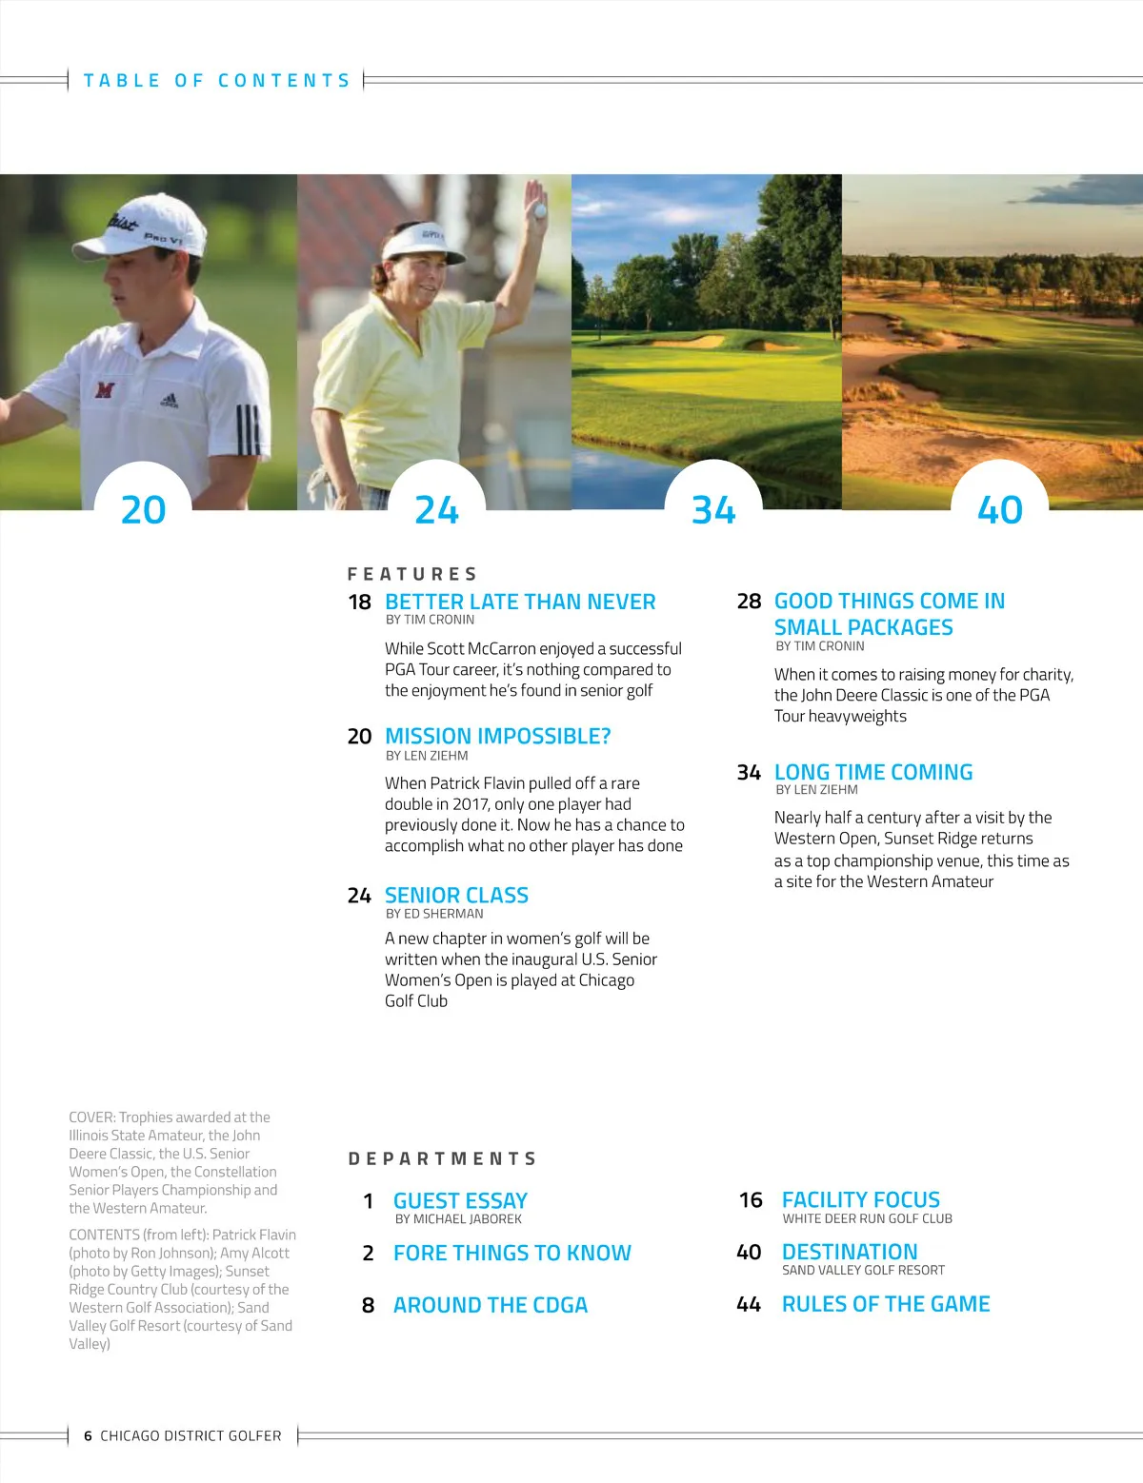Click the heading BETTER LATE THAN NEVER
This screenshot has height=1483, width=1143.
520,602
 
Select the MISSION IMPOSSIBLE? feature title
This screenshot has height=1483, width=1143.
497,736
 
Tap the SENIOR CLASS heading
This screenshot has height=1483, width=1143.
456,895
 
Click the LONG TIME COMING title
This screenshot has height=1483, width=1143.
873,772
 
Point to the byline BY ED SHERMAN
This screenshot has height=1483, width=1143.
434,914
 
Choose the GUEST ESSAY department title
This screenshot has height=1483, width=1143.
460,1200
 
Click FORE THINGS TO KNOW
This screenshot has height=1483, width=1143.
511,1253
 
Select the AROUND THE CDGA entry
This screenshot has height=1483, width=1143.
491,1305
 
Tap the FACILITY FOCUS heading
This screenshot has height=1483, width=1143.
860,1199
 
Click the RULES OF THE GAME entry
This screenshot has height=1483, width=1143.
886,1304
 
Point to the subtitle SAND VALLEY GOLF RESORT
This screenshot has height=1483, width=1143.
863,1270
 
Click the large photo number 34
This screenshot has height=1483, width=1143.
713,510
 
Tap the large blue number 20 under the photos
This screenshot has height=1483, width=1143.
144,510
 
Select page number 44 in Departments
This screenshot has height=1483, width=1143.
749,1304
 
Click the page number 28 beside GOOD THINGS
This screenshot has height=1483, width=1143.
749,602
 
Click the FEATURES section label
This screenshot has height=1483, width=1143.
412,574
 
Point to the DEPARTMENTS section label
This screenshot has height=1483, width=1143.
443,1158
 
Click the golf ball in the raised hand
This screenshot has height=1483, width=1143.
540,210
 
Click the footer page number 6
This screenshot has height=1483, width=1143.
88,1435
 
